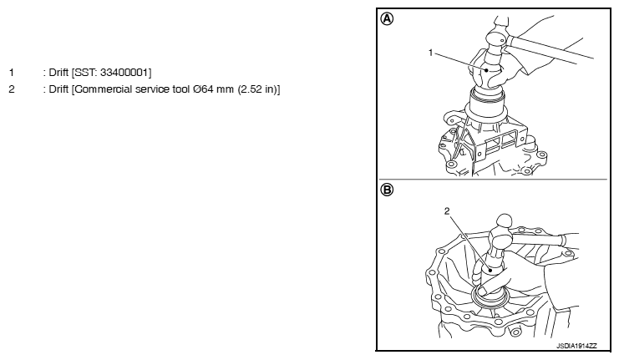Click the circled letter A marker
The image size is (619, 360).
[387, 19]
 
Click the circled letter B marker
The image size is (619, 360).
[387, 190]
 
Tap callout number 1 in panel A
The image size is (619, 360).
[431, 53]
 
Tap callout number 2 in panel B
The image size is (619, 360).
[446, 211]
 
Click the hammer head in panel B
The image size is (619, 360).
[500, 236]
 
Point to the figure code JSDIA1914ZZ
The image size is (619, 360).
[576, 346]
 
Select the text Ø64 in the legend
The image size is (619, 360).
[204, 89]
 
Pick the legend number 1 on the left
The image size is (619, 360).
[12, 73]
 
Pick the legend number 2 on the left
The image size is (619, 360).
[12, 89]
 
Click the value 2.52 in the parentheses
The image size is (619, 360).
[251, 89]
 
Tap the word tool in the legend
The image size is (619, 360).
[180, 89]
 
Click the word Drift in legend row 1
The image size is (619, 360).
[58, 73]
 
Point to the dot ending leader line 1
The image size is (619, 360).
[487, 70]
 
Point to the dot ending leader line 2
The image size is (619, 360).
[490, 271]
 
